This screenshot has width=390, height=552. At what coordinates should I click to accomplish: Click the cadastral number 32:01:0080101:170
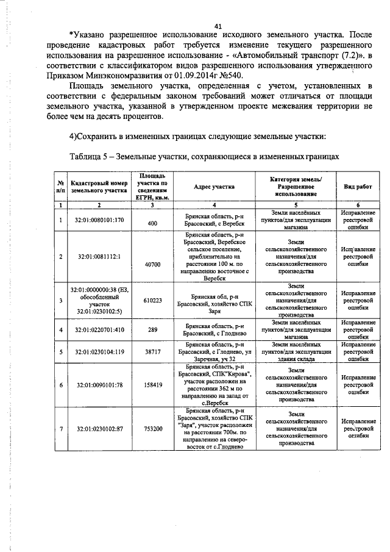tap(99, 220)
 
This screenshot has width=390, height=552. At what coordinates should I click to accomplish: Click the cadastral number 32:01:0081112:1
tap(99, 256)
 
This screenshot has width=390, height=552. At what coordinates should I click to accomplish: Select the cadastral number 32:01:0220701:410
tap(99, 330)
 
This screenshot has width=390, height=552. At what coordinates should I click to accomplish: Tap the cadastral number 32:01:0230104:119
tap(99, 352)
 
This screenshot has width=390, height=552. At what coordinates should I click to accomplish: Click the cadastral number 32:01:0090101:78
tap(99, 385)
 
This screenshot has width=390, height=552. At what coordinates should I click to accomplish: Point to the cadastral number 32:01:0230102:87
tap(99, 429)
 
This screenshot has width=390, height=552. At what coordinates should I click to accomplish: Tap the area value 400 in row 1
tap(152, 224)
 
